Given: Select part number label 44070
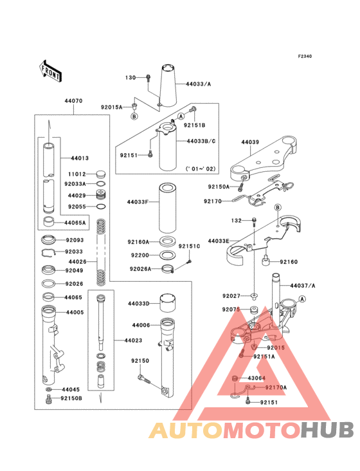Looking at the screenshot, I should (73, 102).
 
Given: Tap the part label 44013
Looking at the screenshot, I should (80, 158).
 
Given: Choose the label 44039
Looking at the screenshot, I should (250, 142).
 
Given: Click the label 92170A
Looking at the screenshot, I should (276, 387).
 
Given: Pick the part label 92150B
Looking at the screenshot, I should (71, 399).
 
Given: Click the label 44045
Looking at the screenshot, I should (71, 390).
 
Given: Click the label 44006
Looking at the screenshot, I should (141, 326).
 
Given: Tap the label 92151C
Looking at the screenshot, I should (190, 246).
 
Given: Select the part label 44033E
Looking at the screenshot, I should (217, 241).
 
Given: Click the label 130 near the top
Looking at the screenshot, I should (130, 78).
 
